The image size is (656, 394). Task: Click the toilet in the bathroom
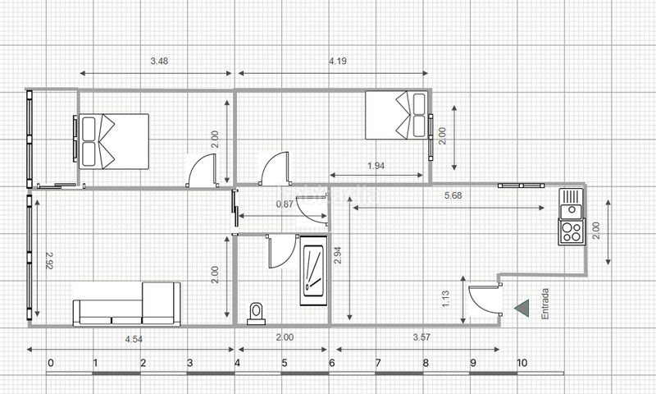[x=256, y=314]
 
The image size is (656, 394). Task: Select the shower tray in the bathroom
[x=313, y=271]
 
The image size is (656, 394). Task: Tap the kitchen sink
[x=571, y=203]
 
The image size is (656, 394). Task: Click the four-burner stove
[x=572, y=231]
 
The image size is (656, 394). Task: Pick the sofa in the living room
[x=127, y=305]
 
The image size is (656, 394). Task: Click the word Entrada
[x=544, y=304]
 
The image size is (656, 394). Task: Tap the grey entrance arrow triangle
[x=522, y=308]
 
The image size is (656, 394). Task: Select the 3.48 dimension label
[x=159, y=61]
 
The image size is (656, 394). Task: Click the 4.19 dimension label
[x=338, y=61]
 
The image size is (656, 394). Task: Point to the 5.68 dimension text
[x=453, y=195]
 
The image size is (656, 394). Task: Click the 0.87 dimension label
[x=285, y=204]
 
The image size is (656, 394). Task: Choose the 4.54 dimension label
[x=134, y=339]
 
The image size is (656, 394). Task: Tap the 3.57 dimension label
[x=421, y=337]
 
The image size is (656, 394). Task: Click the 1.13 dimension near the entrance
[x=445, y=300]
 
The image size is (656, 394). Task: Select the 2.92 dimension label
[x=49, y=260]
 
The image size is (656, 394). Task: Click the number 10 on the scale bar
[x=522, y=363]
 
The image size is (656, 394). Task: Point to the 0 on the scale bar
[x=51, y=363]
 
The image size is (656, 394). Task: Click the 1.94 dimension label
[x=376, y=166]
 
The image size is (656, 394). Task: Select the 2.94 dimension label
[x=338, y=255]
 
